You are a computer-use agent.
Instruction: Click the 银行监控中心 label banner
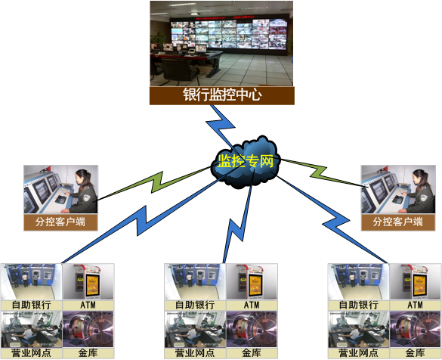tap(222, 95)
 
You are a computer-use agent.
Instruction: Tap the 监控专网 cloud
tap(246, 162)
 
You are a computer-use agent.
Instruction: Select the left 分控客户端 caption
tap(60, 222)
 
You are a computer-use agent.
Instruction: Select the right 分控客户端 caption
tap(398, 222)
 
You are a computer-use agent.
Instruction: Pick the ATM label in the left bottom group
tap(88, 305)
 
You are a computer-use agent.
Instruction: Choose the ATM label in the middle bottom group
tap(252, 305)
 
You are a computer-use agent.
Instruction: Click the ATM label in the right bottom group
tap(416, 305)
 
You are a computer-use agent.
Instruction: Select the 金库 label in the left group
tap(88, 353)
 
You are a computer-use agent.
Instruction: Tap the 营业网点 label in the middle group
tap(195, 353)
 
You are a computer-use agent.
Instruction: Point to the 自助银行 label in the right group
tap(359, 305)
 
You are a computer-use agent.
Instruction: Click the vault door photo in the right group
tap(416, 329)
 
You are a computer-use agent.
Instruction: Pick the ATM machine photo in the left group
tap(88, 282)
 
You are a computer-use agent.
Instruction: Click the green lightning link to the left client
tap(154, 183)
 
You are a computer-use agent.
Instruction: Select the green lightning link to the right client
tap(323, 173)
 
